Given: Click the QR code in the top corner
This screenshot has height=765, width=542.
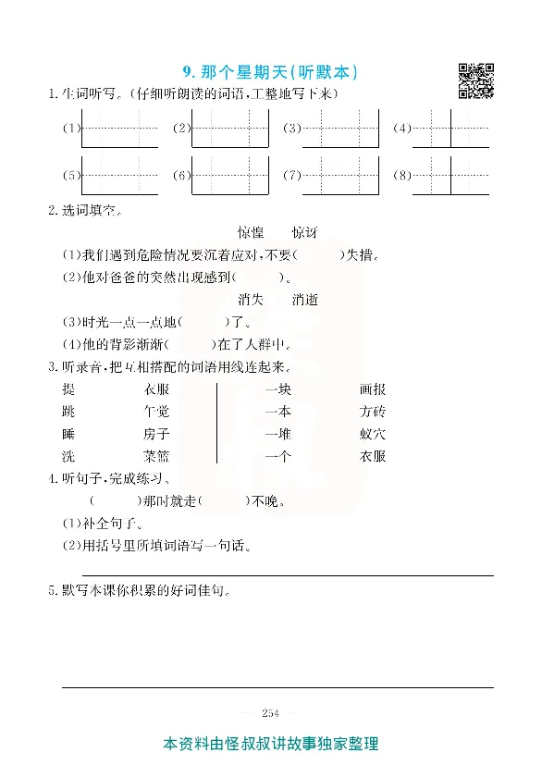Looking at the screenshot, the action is pos(475,80).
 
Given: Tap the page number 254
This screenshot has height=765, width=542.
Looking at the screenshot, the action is pos(270,712).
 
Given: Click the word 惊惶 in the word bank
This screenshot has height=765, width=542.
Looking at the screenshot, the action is pos(251,232).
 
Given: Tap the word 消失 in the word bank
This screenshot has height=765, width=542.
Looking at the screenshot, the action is pos(251,300).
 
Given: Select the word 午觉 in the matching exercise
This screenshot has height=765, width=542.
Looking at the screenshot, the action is pos(156,412).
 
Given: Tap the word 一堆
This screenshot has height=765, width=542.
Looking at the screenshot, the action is pos(277,434).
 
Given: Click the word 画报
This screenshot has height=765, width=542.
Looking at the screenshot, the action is pos(373,389).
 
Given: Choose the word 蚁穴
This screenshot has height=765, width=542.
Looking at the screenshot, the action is pos(373,434).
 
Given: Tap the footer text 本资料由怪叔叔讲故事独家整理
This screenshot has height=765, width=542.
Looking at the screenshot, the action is pos(270,744).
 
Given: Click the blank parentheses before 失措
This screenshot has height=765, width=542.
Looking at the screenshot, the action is pos(317,255).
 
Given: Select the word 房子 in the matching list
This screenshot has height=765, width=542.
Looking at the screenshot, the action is pos(156,434).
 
